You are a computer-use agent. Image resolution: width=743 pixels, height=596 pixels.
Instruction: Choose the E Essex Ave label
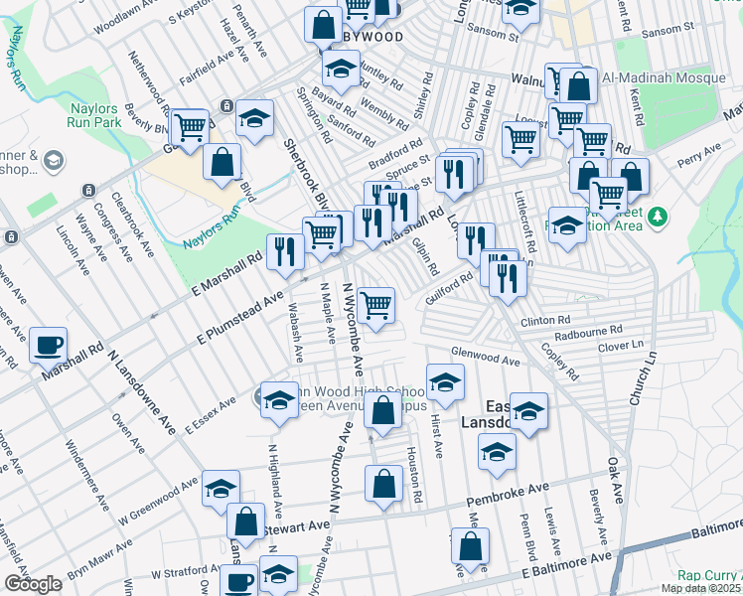pos(210,412)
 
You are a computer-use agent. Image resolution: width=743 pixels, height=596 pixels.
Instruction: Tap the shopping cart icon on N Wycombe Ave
pos(376,306)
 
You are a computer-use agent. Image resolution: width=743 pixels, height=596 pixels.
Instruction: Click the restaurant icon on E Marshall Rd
pos(286,252)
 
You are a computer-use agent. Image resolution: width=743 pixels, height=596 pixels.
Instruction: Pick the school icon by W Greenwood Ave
pos(221,488)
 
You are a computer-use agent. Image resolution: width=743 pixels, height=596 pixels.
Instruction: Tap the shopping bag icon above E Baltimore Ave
pos(471,545)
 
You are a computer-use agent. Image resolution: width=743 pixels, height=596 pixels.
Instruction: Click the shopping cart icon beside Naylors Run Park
pos(189,126)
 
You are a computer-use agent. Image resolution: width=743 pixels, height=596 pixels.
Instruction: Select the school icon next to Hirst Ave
pos(446,380)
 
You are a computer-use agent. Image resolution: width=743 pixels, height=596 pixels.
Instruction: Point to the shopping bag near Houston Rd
pos(383,484)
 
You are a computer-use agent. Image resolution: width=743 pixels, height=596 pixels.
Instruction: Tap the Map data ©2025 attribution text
pos(701,588)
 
